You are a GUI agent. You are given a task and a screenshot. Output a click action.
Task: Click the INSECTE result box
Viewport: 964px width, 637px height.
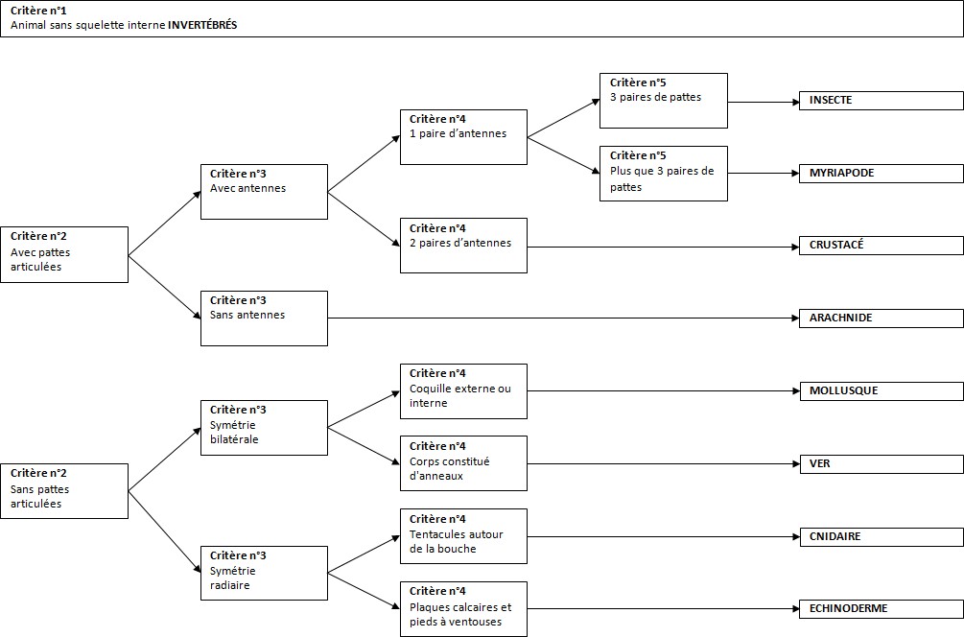pos(881,101)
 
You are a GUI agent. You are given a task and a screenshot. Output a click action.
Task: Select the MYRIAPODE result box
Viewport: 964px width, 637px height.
pos(881,174)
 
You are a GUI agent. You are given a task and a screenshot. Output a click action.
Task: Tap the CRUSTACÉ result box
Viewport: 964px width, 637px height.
pos(881,246)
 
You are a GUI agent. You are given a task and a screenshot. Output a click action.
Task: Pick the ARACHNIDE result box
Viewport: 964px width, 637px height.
pos(881,318)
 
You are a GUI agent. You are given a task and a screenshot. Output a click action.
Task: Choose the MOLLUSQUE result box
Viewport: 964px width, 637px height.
pos(881,391)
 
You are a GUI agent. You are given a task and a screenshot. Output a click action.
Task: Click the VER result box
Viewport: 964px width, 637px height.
pos(881,464)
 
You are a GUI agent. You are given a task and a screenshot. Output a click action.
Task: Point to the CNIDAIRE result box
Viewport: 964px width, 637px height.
pos(881,537)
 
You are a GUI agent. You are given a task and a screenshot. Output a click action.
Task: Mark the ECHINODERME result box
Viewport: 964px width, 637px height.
pos(881,609)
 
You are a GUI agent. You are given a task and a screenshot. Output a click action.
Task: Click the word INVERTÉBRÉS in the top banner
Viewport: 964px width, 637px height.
pos(202,25)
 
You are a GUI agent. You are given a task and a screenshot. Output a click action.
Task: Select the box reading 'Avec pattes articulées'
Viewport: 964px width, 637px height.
pos(64,254)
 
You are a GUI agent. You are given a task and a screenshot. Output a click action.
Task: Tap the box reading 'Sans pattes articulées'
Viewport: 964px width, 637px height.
pos(64,491)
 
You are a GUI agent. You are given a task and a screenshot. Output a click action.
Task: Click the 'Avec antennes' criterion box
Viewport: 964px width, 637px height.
pos(265,192)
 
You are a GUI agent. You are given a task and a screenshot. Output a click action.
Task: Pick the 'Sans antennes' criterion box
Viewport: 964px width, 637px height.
pos(265,318)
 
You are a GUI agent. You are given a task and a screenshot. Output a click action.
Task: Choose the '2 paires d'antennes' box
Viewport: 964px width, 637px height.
pos(463,246)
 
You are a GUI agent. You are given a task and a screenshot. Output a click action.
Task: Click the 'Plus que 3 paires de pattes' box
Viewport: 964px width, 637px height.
pos(664,174)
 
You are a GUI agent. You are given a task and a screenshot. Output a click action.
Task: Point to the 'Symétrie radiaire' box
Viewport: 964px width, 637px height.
pos(265,573)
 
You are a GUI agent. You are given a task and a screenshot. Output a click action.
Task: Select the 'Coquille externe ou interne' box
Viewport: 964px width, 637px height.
pos(463,391)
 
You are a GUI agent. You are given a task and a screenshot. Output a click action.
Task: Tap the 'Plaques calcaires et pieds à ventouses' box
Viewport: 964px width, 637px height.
pos(463,609)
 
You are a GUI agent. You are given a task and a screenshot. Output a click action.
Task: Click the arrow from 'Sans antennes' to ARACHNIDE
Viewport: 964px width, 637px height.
pos(564,318)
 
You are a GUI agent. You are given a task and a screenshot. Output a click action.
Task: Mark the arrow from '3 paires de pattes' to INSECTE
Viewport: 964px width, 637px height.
pos(764,102)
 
